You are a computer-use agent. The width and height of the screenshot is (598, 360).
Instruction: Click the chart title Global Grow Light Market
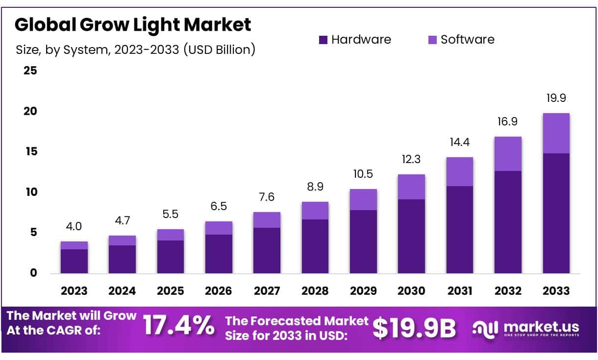[133, 24]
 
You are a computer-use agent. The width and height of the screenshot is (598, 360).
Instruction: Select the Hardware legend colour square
[323, 40]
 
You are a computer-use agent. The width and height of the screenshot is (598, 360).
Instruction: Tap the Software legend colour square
[432, 40]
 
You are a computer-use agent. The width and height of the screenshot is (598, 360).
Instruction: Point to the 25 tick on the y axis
[30, 71]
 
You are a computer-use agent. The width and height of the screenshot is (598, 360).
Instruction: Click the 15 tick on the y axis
[30, 152]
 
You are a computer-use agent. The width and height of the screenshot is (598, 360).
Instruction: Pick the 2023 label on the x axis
[74, 291]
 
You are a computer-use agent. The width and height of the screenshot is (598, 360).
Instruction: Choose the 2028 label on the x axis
[315, 291]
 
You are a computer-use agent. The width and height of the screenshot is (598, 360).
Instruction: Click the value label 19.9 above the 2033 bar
[556, 98]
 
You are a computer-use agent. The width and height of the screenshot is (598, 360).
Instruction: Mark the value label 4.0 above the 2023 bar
[74, 226]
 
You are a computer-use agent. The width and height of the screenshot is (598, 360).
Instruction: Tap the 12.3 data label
[411, 160]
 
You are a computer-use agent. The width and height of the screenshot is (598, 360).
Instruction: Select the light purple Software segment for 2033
[556, 133]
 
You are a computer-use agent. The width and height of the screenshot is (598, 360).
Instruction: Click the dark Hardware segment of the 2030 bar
[411, 236]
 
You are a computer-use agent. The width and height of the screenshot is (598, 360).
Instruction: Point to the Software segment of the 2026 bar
[219, 228]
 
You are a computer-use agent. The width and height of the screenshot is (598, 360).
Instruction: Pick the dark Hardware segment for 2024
[122, 259]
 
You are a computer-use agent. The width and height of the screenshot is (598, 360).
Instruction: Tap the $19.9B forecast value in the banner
[414, 328]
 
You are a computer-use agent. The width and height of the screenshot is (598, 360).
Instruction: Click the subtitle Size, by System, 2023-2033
[135, 49]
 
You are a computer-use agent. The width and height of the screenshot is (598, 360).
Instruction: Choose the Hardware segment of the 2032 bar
[508, 222]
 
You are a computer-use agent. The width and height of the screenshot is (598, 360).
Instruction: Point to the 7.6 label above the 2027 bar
[267, 197]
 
